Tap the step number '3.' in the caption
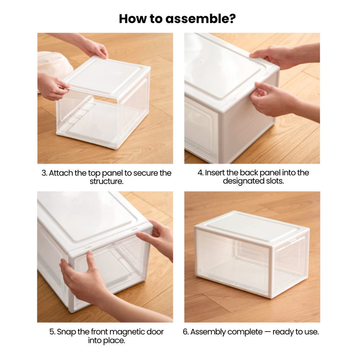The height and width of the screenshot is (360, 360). point(45,173)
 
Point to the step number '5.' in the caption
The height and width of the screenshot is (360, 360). point(52,332)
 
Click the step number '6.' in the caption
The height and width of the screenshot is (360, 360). point(186,332)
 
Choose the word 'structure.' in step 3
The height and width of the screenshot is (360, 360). point(106,181)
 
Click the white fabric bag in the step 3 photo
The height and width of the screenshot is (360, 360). point(53,63)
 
